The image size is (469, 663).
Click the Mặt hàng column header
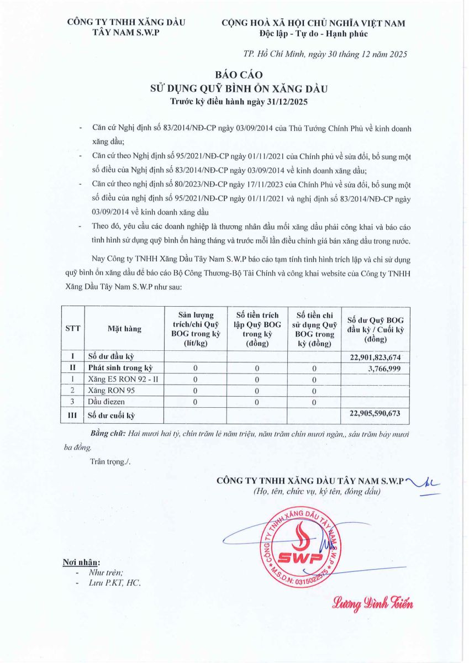point(124,329)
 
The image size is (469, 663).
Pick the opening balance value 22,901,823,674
point(375,357)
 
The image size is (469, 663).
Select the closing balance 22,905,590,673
point(375,413)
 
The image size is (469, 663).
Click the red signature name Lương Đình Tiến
point(372,603)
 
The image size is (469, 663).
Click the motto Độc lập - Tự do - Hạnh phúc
point(313,34)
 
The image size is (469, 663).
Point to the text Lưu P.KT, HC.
point(115,583)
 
